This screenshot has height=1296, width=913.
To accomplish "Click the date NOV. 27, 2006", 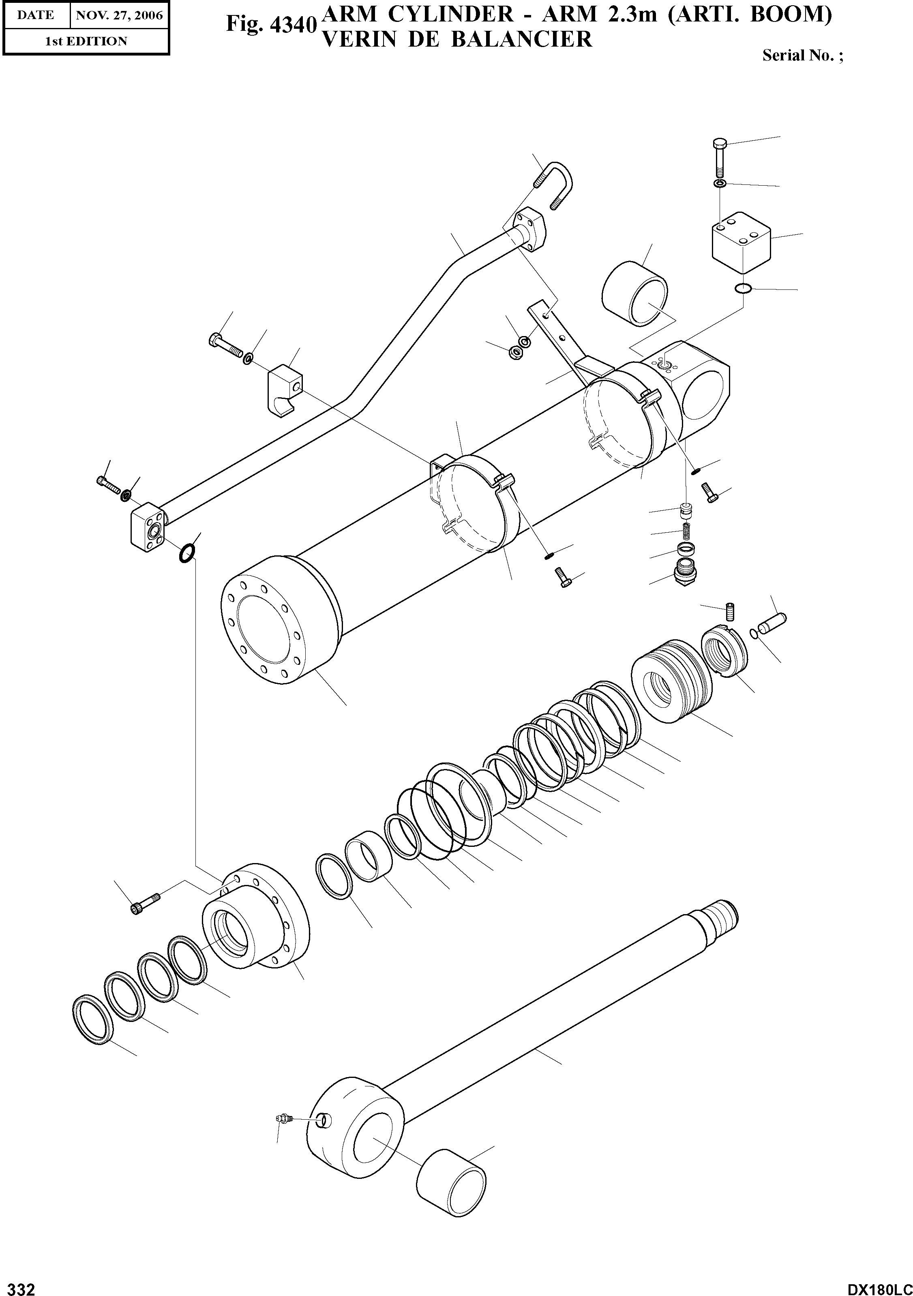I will (x=119, y=15).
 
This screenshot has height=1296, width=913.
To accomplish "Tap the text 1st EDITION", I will (x=86, y=41).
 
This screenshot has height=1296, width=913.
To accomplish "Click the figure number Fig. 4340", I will (x=270, y=24).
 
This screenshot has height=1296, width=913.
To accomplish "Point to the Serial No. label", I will (x=802, y=55).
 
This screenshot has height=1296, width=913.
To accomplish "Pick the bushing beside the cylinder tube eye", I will (x=634, y=293).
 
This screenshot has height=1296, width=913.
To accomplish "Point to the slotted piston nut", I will (x=724, y=651).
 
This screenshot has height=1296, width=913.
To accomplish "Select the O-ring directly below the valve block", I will (x=744, y=289).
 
